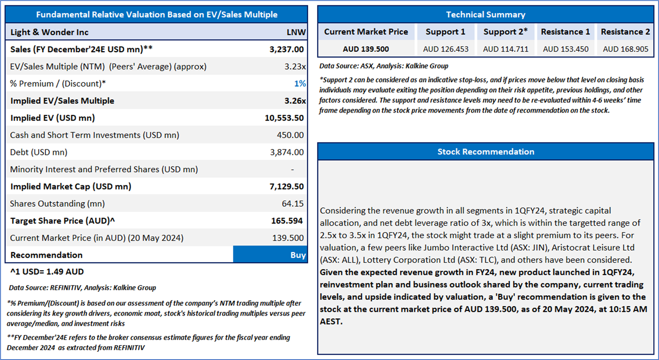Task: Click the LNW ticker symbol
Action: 296,32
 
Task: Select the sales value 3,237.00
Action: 286,49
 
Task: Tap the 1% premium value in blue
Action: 300,84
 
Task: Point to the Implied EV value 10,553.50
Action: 284,118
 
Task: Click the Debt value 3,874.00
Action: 286,152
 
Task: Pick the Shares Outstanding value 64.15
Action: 293,203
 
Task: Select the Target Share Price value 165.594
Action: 286,221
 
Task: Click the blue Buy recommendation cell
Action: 270,255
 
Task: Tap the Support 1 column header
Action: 445,32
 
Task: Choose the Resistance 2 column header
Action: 625,32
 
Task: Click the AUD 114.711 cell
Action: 505,49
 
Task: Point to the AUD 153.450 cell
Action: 566,49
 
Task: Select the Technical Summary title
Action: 485,15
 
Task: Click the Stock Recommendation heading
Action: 485,152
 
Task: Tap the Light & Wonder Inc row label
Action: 49,32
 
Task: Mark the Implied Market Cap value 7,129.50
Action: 286,187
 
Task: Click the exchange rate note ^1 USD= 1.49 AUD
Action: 47,271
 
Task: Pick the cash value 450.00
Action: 290,135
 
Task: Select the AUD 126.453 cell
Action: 445,49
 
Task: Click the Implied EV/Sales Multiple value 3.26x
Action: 295,101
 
